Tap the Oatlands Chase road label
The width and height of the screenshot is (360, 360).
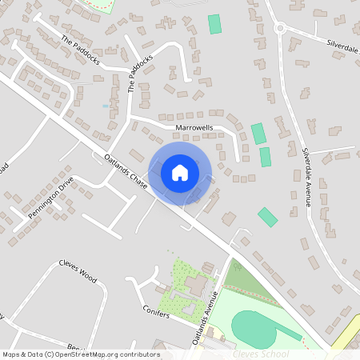pyautogui.click(x=126, y=172)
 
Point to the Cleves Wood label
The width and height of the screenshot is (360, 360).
pyautogui.click(x=78, y=271)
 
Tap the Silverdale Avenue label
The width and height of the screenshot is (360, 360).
pyautogui.click(x=306, y=177)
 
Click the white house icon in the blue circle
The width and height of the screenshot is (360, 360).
pyautogui.click(x=180, y=172)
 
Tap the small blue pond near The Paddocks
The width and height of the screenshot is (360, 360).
pyautogui.click(x=106, y=105)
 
